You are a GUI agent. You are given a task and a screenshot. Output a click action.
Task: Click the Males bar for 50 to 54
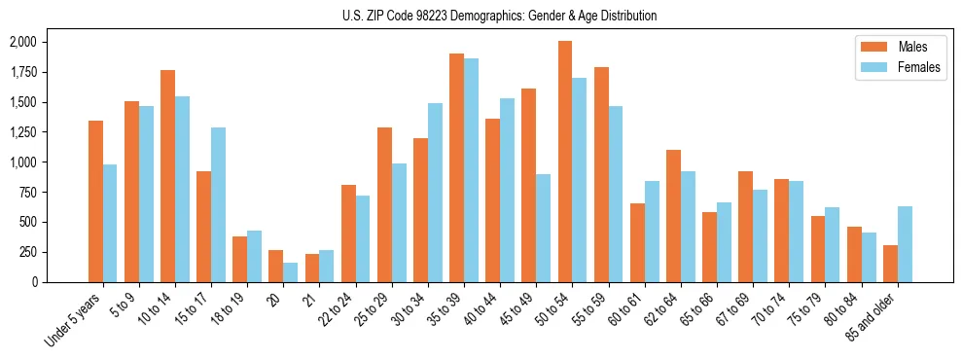point(564,162)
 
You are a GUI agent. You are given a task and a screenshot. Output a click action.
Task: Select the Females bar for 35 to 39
point(471,170)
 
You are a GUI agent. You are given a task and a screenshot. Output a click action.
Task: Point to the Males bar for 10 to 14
point(167,176)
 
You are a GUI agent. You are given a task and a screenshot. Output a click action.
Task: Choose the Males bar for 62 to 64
point(673,216)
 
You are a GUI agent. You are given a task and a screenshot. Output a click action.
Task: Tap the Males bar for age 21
point(312,268)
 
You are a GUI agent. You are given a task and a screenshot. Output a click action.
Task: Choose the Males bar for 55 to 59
point(601,174)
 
